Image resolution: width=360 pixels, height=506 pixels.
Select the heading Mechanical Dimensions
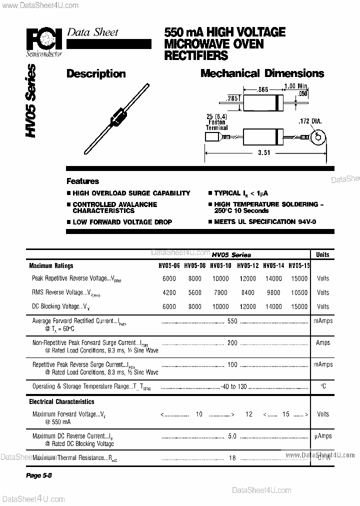262,73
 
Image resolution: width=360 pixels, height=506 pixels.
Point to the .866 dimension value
263,89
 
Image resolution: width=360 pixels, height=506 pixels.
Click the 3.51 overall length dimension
263,153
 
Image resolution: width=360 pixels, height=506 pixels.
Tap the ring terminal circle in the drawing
316,135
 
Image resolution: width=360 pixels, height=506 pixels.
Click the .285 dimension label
232,99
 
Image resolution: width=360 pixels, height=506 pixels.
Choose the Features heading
83,181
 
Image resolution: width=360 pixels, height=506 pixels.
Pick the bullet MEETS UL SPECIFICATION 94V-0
265,222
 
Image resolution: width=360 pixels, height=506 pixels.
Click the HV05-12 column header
247,266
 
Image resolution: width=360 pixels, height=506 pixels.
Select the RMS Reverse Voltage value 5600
195,292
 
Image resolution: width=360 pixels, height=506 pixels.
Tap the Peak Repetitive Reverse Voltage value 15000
299,278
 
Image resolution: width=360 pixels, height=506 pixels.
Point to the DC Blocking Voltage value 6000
169,306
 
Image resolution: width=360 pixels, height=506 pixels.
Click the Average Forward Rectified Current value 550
232,321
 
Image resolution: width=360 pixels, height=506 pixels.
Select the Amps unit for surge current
323,342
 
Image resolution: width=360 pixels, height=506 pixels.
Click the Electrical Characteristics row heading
61,401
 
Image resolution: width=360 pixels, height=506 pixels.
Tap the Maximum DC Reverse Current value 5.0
232,436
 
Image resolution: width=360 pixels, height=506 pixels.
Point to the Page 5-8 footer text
39,475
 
